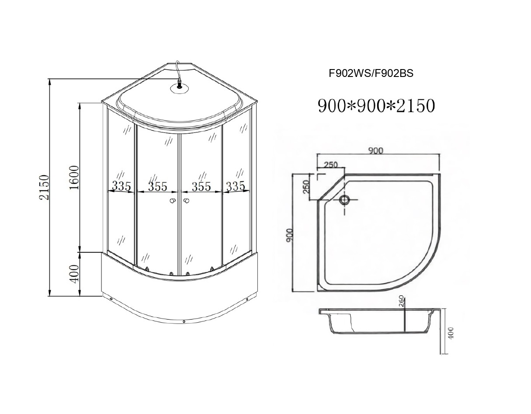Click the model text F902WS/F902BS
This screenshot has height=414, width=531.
pos(371,74)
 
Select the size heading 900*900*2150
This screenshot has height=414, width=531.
pos(376,106)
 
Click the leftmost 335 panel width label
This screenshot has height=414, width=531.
pos(121,186)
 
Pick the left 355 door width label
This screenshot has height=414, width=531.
pos(157,186)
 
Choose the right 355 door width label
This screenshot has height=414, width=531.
pos(201,186)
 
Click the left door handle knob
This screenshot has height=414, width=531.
pos(173,201)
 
